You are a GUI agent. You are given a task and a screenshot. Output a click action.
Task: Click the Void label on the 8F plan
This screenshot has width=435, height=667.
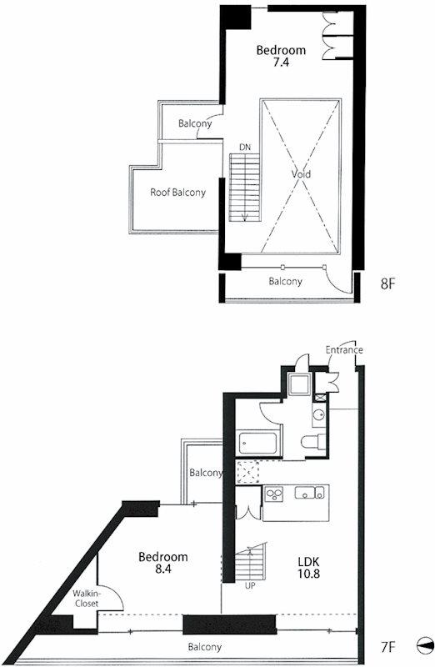[301, 174]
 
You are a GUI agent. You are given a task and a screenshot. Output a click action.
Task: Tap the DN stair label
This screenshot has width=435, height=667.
[245, 148]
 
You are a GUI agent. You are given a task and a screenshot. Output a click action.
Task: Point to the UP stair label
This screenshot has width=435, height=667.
[250, 586]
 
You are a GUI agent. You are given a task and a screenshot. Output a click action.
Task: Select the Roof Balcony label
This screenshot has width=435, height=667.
[177, 193]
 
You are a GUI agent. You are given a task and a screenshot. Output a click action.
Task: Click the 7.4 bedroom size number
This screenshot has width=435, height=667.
[281, 62]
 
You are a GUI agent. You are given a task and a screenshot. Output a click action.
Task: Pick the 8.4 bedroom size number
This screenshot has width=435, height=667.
[163, 569]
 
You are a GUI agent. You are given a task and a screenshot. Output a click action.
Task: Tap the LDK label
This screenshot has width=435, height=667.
[308, 561]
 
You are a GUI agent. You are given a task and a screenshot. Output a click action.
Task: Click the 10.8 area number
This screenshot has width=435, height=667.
[308, 574]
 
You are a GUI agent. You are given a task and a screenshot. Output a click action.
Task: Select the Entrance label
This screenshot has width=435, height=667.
[344, 350]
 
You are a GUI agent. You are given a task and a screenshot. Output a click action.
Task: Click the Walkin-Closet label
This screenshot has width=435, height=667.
[86, 599]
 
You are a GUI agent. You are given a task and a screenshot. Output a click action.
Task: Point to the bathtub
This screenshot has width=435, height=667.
[259, 443]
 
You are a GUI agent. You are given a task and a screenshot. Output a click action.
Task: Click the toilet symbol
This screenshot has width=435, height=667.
[314, 442]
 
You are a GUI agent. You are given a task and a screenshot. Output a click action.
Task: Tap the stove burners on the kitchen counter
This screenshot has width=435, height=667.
[274, 494]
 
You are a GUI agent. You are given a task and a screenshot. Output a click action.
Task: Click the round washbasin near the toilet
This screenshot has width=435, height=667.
[318, 414]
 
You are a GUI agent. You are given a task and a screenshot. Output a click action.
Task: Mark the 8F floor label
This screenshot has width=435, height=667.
[387, 283]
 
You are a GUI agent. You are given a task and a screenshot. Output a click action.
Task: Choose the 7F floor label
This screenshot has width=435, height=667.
[388, 647]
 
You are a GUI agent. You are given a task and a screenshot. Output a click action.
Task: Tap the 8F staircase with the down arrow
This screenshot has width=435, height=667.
[245, 187]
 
